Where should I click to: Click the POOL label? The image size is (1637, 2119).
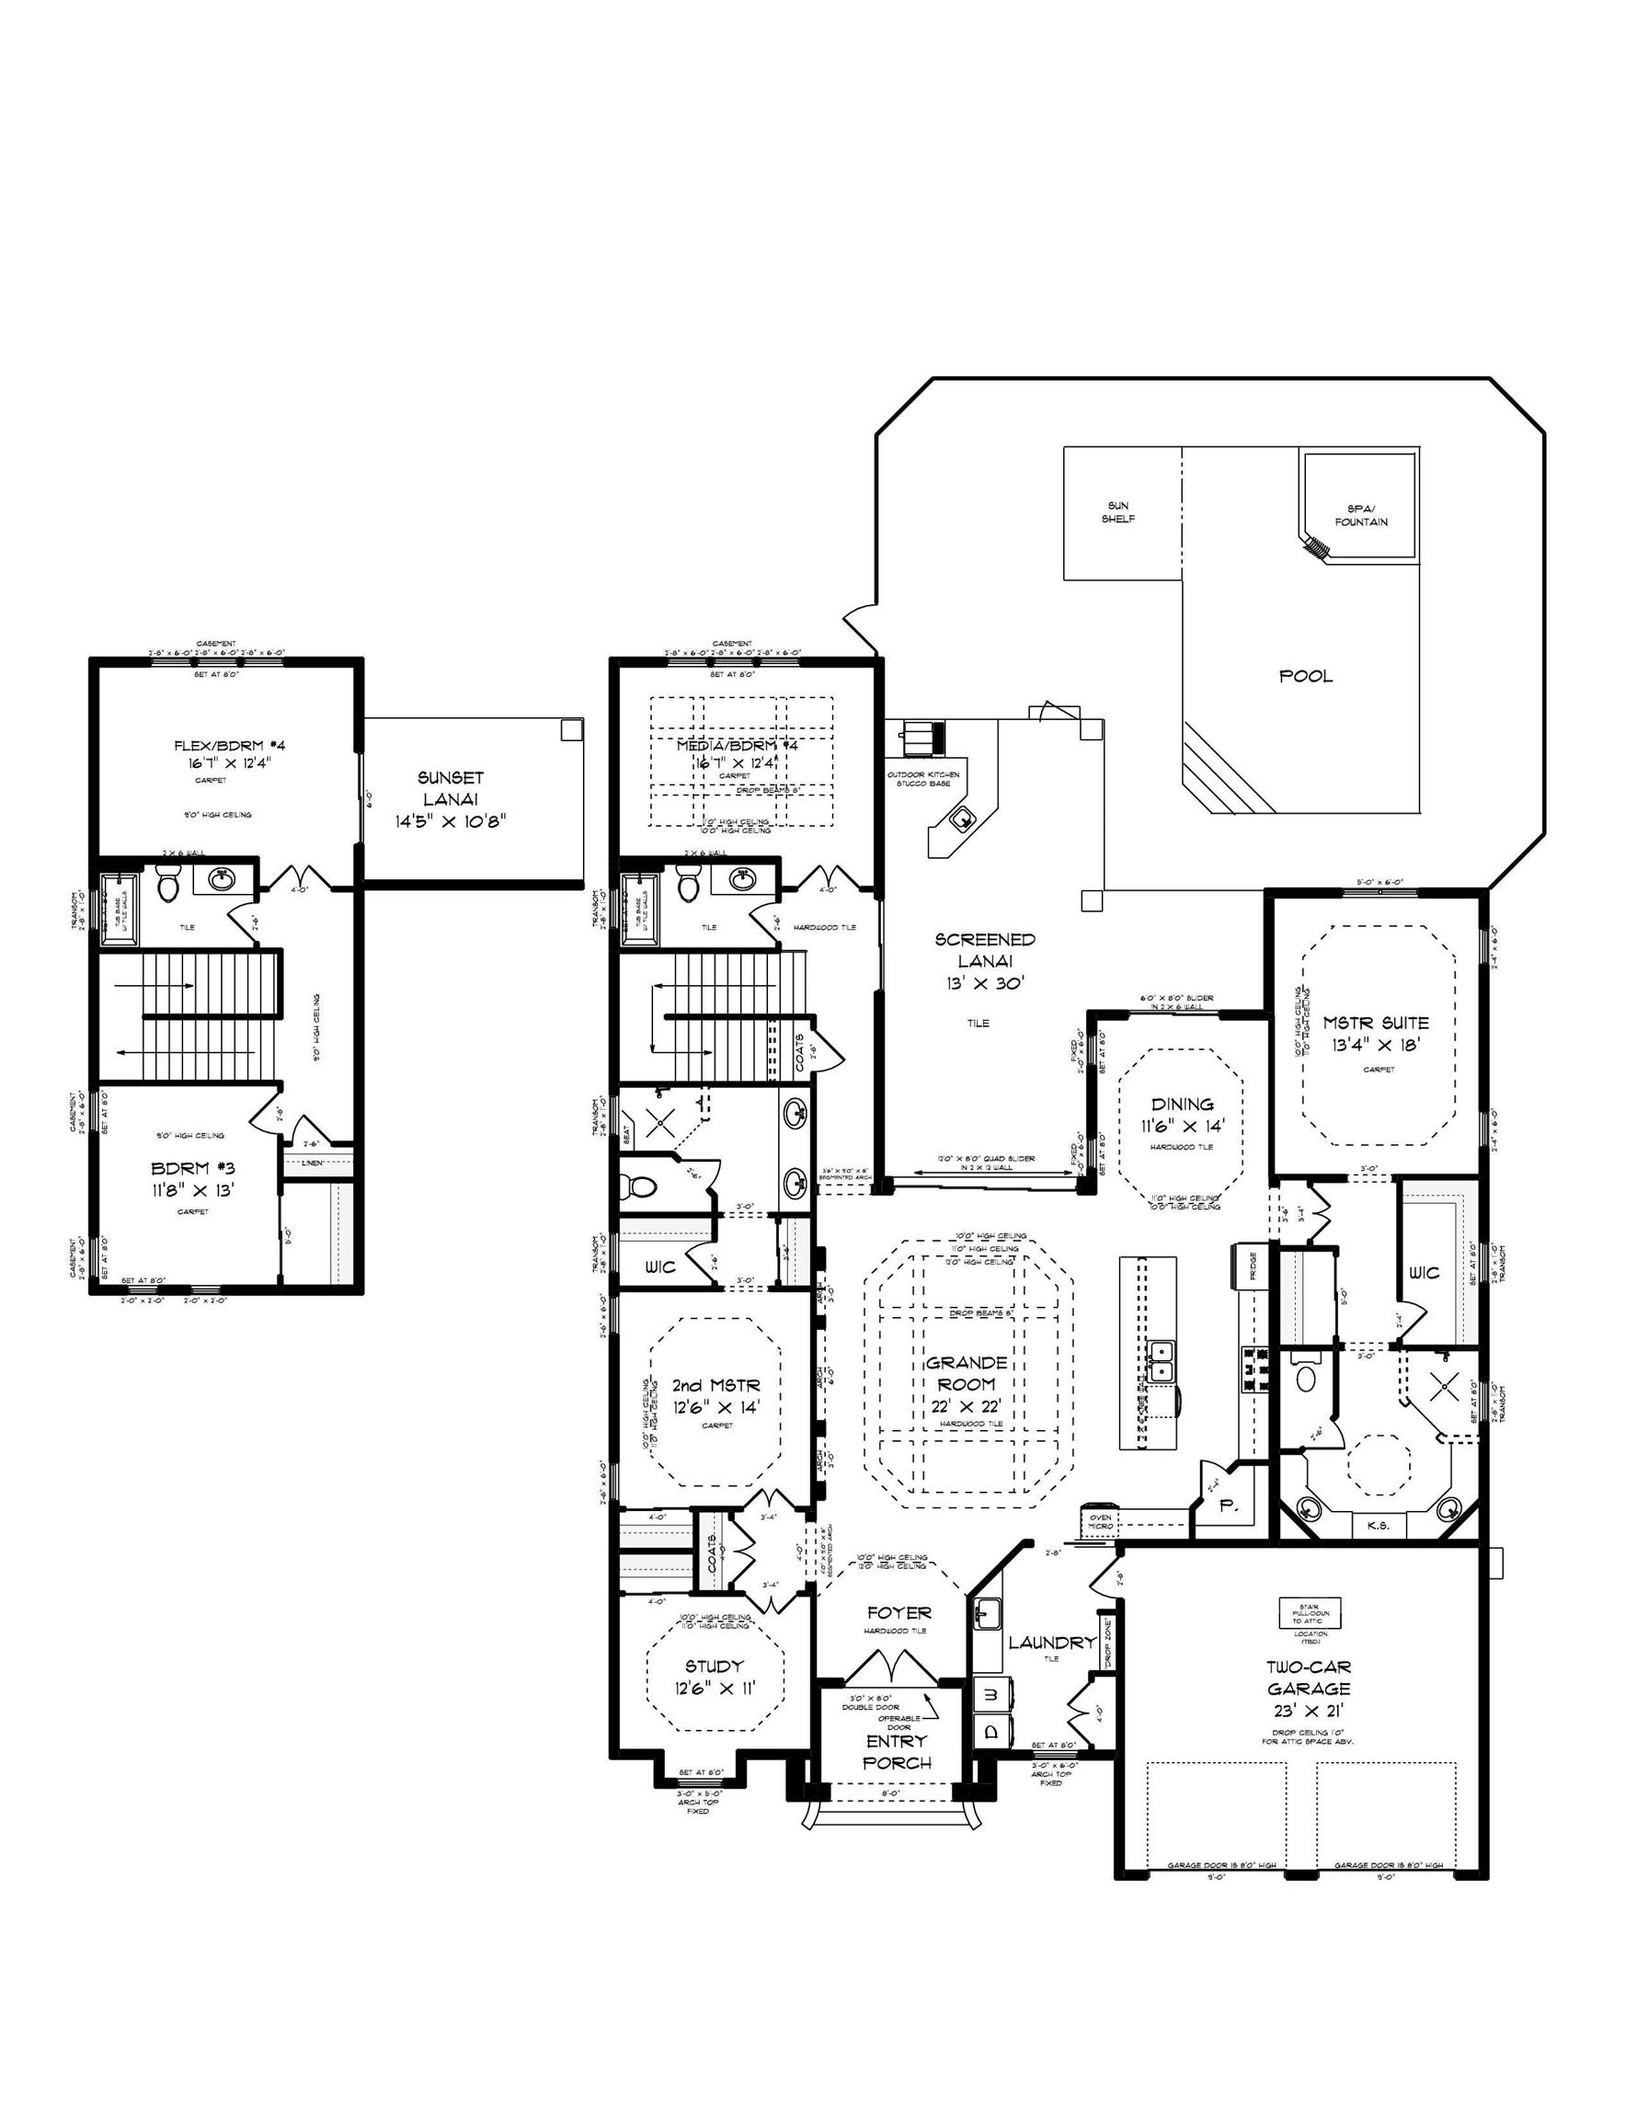pos(1305,676)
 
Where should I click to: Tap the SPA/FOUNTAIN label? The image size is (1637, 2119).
pos(1360,515)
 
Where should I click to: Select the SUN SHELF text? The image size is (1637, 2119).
pos(1118,512)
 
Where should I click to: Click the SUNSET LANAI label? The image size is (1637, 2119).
pos(451,798)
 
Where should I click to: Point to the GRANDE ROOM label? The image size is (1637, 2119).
pos(967,1373)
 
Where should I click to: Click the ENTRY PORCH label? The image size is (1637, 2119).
pos(897,1751)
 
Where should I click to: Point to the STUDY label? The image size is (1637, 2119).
pos(714,1666)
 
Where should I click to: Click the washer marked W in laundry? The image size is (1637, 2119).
pos(990,1693)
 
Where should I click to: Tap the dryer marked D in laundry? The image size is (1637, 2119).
pos(990,1732)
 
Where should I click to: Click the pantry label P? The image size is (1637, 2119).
pos(1225,1505)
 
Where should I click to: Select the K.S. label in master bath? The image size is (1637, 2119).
pos(1378,1525)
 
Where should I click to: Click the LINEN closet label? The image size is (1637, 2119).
pos(313,1163)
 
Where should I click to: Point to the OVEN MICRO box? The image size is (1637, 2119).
pos(1099,1521)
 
